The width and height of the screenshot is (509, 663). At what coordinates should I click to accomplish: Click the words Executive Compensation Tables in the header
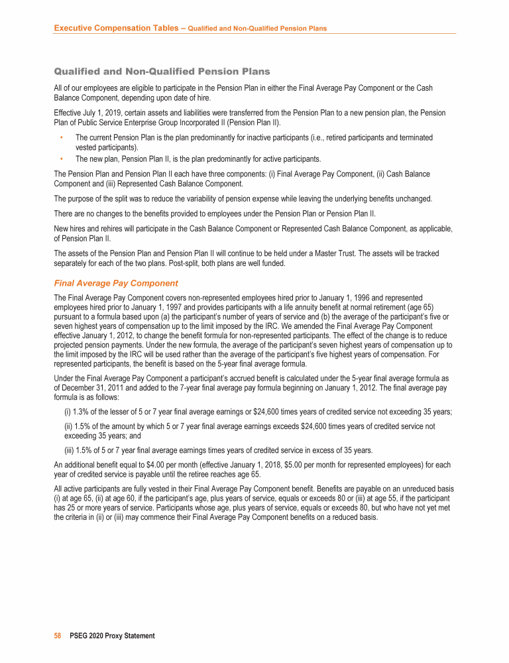(117, 28)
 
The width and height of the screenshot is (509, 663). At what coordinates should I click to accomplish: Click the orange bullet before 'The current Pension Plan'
(61, 137)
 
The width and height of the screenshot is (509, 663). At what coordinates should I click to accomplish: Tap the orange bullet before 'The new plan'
(61, 158)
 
